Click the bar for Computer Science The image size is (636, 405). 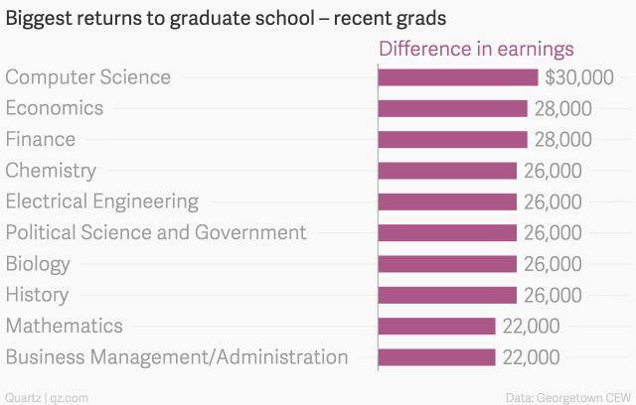(458, 77)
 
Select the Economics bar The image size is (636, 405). (452, 108)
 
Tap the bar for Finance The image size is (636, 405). (452, 139)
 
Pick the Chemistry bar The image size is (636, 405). (447, 171)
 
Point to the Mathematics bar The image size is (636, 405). (436, 326)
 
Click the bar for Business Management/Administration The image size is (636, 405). (436, 357)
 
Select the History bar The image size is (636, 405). (447, 295)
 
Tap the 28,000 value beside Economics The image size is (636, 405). (563, 108)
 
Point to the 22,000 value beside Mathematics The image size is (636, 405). (531, 326)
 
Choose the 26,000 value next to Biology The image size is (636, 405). (553, 264)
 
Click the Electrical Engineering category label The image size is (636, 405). (102, 202)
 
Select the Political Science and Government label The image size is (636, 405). (156, 233)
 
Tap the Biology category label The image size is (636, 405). (38, 264)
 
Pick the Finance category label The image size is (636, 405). (41, 139)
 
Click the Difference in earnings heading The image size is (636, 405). (476, 49)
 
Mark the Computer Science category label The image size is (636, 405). (88, 77)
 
